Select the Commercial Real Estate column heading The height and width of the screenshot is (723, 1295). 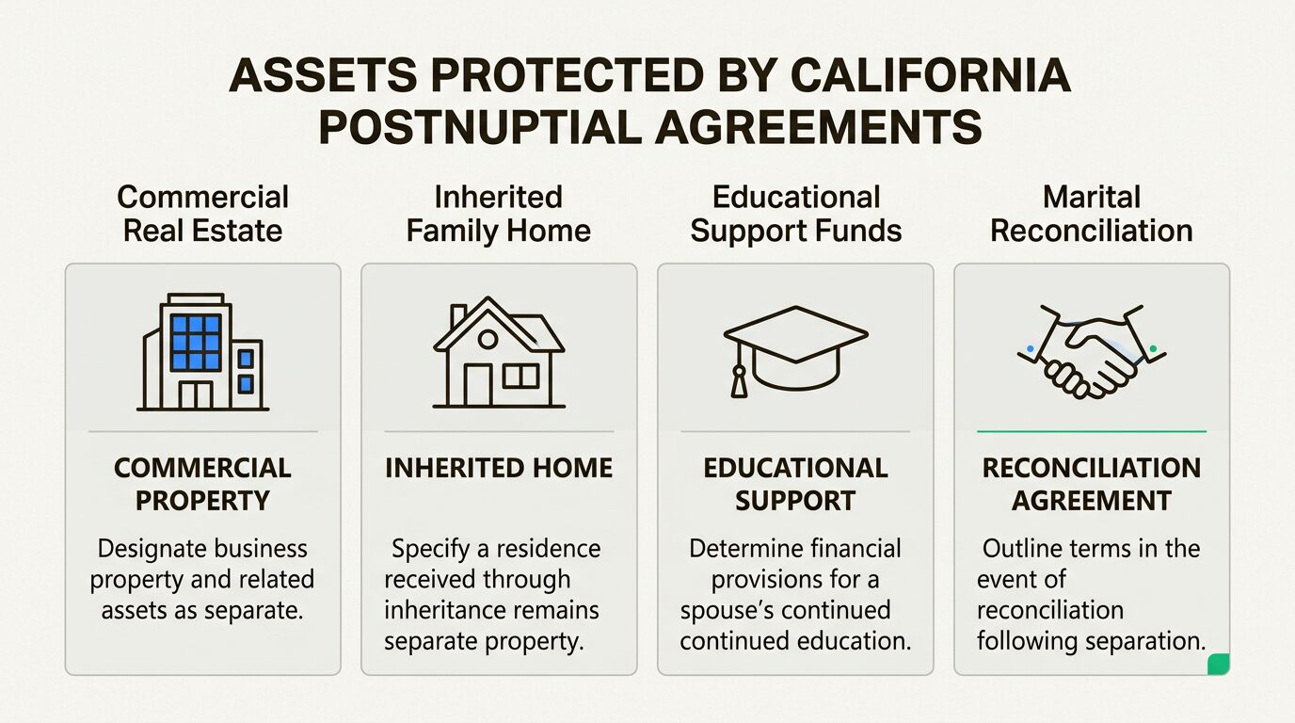click(x=202, y=214)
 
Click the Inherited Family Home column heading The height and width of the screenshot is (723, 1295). click(x=498, y=214)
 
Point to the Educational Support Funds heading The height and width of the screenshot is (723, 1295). click(x=795, y=214)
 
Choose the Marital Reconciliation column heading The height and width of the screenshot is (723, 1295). click(x=1092, y=214)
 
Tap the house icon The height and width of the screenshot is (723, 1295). click(x=498, y=353)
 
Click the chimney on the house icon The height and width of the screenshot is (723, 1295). click(x=458, y=314)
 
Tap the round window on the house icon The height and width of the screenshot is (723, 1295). click(x=488, y=339)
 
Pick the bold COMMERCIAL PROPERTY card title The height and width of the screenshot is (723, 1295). click(x=202, y=484)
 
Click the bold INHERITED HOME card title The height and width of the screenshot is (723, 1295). click(x=498, y=469)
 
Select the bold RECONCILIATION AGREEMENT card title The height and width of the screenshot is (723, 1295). click(x=1092, y=484)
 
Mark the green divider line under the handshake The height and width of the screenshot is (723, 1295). click(x=1092, y=431)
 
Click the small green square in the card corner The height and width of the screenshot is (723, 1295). click(x=1218, y=664)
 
